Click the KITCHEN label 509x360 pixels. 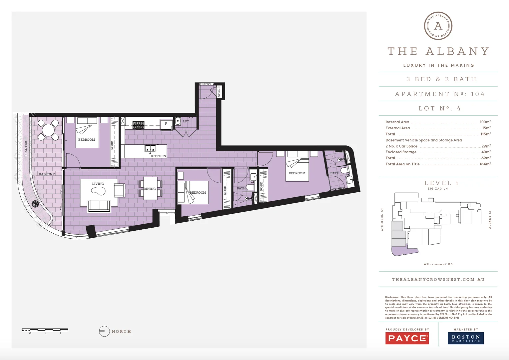[158, 156]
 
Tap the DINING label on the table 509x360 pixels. [150, 189]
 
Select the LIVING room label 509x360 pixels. [98, 184]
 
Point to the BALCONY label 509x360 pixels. [47, 174]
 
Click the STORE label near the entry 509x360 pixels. [219, 92]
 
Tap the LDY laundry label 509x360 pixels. [186, 121]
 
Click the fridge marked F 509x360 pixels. [166, 124]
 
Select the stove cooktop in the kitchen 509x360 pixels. [138, 125]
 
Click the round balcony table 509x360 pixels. [48, 130]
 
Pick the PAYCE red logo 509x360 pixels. [407, 338]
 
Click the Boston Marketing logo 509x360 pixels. [465, 338]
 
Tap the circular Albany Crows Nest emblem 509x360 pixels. [438, 26]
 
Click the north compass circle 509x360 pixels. [104, 331]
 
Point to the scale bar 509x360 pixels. [45, 330]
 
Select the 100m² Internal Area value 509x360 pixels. [485, 122]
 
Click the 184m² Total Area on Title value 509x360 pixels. [485, 164]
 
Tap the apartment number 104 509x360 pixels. [477, 94]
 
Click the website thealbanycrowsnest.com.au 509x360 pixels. [438, 280]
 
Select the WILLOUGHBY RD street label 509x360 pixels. [438, 264]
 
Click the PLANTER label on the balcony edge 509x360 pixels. [26, 149]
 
